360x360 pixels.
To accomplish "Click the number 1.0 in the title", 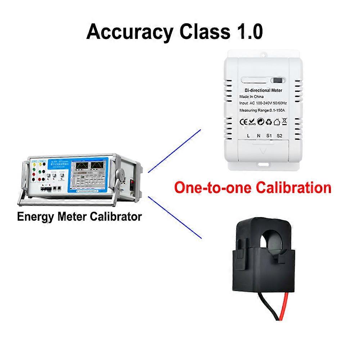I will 249,32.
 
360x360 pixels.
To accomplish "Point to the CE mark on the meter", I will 243,122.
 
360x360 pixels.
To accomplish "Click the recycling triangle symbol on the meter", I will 269,122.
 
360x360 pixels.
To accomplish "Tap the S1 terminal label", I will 269,136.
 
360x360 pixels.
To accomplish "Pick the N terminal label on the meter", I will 258,136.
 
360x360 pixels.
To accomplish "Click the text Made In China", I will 251,97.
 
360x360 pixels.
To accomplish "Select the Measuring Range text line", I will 263,110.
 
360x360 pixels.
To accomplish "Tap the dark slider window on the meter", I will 277,80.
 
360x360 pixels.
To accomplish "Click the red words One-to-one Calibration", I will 252,188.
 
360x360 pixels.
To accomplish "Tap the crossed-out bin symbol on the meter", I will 284,121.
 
